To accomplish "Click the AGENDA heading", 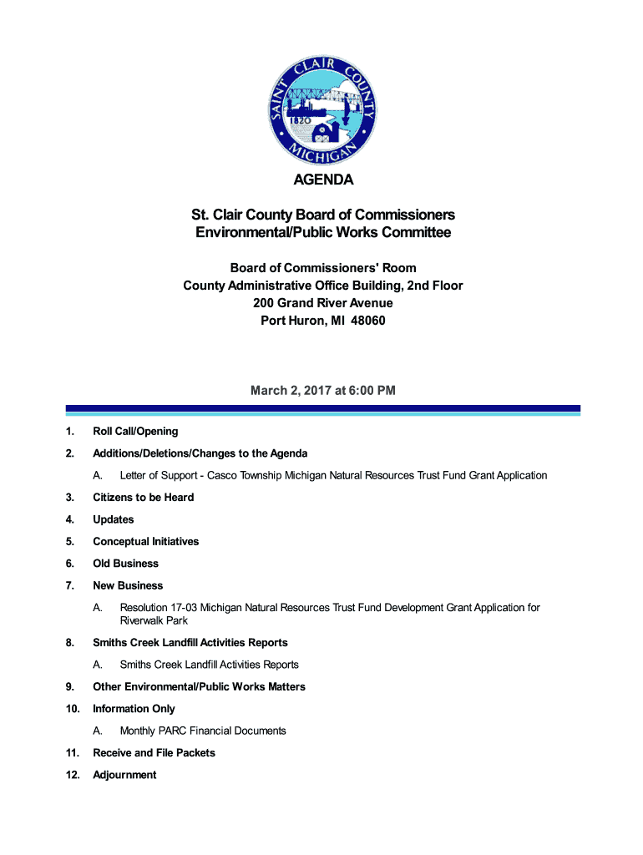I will pos(322,180).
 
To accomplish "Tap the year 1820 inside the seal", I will pos(301,120).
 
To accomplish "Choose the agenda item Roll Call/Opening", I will pos(135,432).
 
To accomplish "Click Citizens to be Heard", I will pos(143,498).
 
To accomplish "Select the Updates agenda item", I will pos(114,519).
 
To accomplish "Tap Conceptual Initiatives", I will pos(146,542).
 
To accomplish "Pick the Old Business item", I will pos(125,564).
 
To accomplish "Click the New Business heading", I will pos(128,585).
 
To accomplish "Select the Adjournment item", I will pos(124,775).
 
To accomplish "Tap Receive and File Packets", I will pos(154,753).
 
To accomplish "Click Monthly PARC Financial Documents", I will pos(203,731).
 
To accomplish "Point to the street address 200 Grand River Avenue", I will pos(322,303).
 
